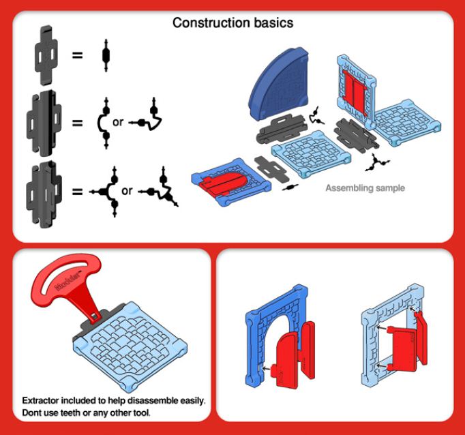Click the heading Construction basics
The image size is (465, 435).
pos(232,23)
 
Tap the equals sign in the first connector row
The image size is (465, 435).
pos(77,54)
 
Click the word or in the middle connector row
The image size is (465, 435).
pos(118,123)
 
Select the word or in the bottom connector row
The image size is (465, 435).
pos(127,191)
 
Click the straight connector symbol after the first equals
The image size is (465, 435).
pos(106,54)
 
